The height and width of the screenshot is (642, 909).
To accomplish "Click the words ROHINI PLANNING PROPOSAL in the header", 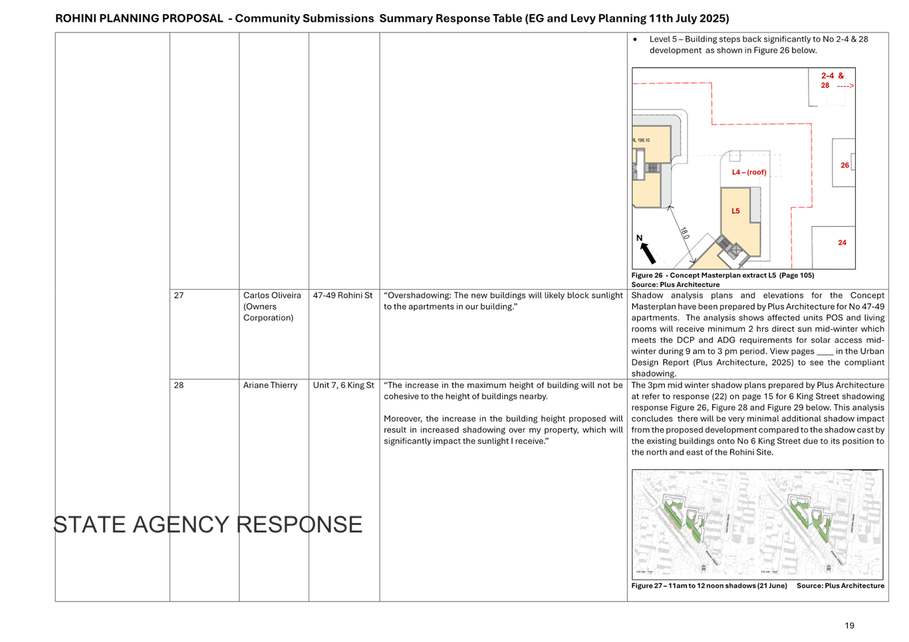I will coord(139,19).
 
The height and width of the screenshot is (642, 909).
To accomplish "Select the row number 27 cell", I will coord(179,296).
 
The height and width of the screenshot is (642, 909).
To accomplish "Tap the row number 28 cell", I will coord(179,385).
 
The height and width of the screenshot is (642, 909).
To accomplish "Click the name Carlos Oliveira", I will coord(271,296).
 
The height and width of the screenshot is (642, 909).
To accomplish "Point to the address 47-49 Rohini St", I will coord(343,296).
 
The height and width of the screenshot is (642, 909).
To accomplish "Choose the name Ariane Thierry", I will coord(270,385).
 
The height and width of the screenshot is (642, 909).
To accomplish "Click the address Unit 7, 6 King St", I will coord(343,385).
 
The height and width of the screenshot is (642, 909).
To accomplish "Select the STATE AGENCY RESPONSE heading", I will coord(207,524).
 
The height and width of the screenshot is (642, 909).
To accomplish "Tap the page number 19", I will coord(849,625).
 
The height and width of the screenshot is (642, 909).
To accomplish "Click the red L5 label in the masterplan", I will coord(735,211).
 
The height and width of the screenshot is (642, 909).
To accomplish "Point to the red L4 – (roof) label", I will coord(749,173).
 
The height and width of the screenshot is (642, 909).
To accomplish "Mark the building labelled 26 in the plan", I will coord(844,165).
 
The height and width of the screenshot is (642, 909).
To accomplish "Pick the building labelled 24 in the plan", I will coord(842,243).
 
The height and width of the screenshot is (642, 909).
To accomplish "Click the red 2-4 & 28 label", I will coord(831,80).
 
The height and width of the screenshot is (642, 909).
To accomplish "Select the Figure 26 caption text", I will coord(722,275).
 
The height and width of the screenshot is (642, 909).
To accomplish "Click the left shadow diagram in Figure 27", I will coord(694,523).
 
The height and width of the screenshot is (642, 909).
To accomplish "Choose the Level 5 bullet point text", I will coord(759,45).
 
